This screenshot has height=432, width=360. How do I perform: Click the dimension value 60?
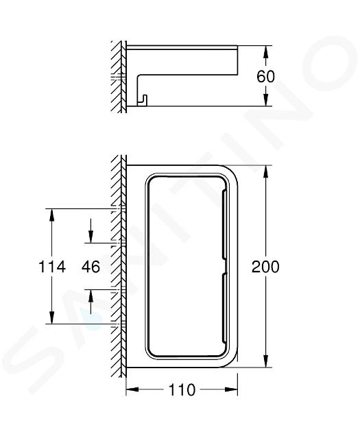click(x=265, y=77)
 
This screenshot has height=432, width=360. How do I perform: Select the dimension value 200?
click(x=265, y=267)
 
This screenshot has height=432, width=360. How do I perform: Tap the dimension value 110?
click(x=182, y=390)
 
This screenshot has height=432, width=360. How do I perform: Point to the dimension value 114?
click(x=52, y=267)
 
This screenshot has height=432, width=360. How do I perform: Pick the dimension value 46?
click(x=91, y=267)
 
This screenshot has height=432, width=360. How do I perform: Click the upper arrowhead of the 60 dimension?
click(x=265, y=52)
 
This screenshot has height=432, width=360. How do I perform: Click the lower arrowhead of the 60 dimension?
click(x=265, y=99)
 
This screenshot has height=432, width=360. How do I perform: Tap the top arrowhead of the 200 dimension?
click(x=265, y=171)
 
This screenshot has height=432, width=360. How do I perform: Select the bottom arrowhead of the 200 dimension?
click(x=265, y=361)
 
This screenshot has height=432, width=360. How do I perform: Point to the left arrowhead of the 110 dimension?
click(x=132, y=389)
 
